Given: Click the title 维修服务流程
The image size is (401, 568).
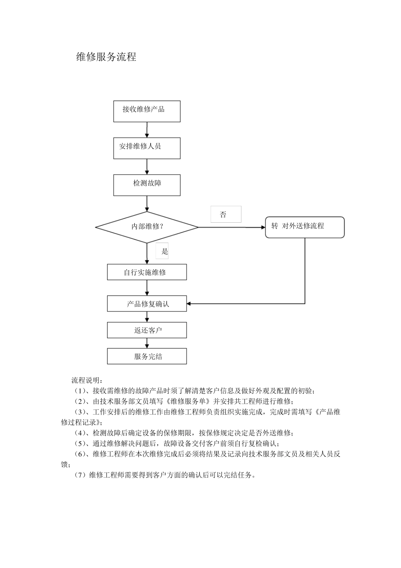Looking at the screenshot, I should coord(106,57).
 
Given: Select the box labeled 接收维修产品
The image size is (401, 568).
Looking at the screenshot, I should coord(146,111).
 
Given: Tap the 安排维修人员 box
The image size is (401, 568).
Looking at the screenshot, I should coord(146,148).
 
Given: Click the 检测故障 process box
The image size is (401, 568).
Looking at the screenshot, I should coord(146,185).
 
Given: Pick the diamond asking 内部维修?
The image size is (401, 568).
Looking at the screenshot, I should coord(146,227).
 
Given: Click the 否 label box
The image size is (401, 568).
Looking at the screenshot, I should coord(225,214).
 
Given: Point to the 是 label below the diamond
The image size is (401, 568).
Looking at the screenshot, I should coord(164,251).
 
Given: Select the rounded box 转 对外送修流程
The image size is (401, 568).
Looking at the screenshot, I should coord(304,227).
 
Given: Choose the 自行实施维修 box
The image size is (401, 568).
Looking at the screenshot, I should coord(146,272).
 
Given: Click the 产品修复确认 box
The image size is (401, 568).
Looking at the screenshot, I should coord(146,304).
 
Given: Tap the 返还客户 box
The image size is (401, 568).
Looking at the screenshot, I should coord(146,330).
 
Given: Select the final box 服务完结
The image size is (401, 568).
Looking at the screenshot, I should coord(146,356).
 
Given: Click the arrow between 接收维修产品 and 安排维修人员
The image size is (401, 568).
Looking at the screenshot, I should coord(147,130).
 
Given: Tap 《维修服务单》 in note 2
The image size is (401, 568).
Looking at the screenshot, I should coord(190,401).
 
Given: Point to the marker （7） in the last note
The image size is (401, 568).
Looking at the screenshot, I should coord(80,475).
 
